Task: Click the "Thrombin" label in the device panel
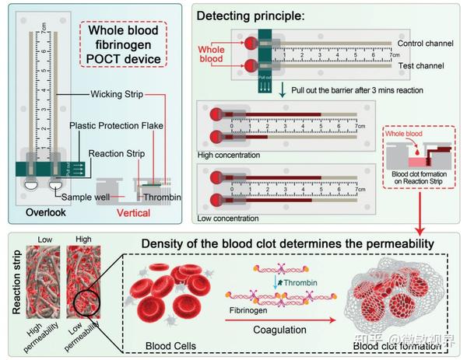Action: point(164,197)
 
